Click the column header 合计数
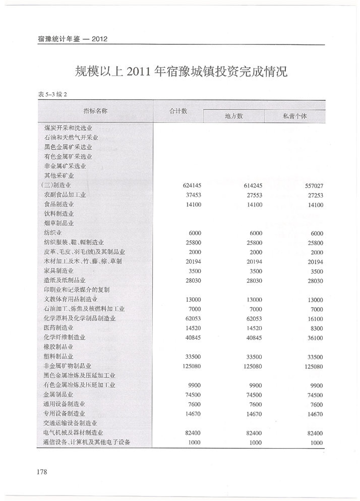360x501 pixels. pyautogui.click(x=178, y=111)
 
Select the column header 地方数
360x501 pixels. pyautogui.click(x=233, y=116)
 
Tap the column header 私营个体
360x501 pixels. pyautogui.click(x=295, y=116)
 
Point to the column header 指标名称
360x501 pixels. pyautogui.click(x=95, y=110)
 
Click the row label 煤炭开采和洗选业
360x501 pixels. pyautogui.click(x=69, y=128)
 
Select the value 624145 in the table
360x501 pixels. pyautogui.click(x=192, y=185)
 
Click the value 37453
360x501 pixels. pyautogui.click(x=193, y=195)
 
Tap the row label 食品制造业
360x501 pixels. pyautogui.click(x=59, y=205)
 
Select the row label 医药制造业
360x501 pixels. pyautogui.click(x=59, y=328)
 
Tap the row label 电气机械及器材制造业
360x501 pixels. pyautogui.click(x=74, y=432)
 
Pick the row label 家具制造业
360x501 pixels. pyautogui.click(x=59, y=271)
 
